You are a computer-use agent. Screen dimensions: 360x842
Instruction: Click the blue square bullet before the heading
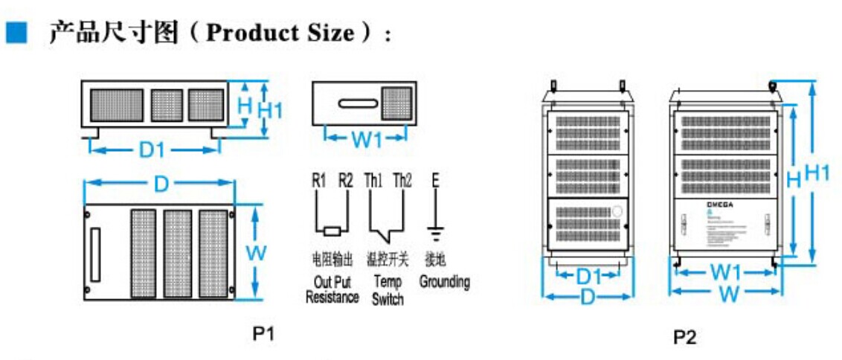point(16,32)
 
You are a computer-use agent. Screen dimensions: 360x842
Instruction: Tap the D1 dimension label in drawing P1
point(152,150)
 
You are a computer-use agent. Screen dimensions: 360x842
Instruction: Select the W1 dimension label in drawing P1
point(365,138)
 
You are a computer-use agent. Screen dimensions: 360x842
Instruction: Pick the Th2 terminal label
point(402,181)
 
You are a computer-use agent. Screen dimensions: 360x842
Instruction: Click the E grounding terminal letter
point(435,181)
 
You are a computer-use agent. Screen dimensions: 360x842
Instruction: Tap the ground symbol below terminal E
point(435,235)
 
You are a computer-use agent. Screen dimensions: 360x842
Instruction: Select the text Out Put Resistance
point(332,290)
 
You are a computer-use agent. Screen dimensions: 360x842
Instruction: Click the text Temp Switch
point(388,290)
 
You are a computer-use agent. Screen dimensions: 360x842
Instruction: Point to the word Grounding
point(444,282)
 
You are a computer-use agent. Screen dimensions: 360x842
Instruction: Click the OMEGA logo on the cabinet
point(699,204)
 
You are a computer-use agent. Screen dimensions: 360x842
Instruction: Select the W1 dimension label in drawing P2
point(724,273)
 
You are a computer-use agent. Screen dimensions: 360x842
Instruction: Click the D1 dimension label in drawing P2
point(589,277)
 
